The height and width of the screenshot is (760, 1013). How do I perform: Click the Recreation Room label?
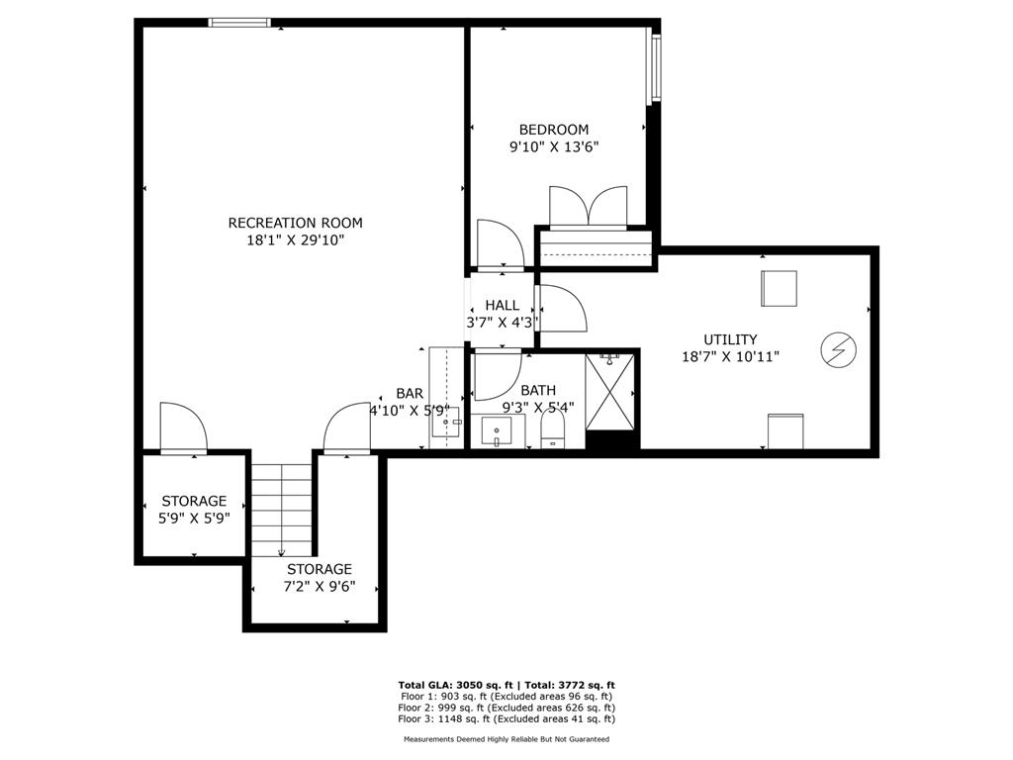295,223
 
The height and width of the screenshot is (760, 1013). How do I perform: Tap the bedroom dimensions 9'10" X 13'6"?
554,146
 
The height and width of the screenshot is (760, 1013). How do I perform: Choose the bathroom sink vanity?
497,432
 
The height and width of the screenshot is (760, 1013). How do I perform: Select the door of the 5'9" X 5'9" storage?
182,427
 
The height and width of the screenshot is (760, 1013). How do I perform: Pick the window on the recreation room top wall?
238,22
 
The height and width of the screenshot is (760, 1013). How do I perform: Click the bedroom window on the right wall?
653,64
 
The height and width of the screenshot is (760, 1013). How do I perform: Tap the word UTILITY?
730,339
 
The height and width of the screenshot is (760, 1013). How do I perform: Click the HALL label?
502,305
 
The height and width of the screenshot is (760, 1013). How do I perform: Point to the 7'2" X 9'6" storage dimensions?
320,585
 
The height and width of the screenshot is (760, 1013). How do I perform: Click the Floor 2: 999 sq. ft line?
506,708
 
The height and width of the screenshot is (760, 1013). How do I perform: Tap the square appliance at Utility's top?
778,288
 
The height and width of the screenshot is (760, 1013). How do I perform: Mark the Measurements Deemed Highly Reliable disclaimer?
506,739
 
